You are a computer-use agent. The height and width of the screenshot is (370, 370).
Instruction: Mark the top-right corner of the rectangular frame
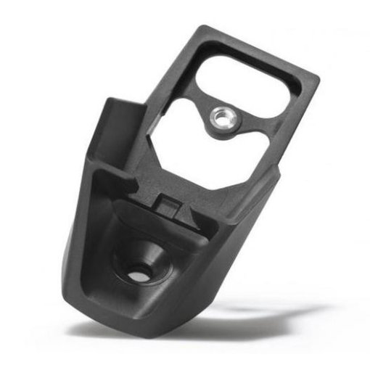(x=317, y=75)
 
